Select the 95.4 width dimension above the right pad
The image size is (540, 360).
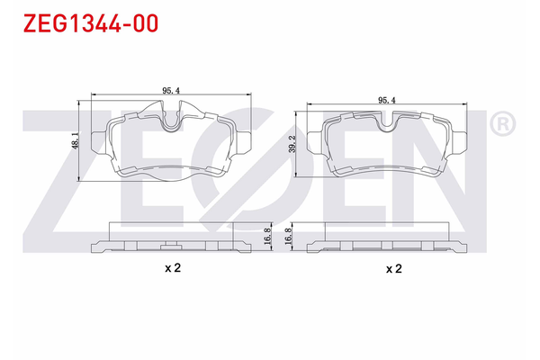point(388,100)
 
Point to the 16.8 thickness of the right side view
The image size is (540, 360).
point(289,236)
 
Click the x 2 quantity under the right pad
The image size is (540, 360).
point(392,269)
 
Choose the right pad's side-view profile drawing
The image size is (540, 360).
point(388,238)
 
